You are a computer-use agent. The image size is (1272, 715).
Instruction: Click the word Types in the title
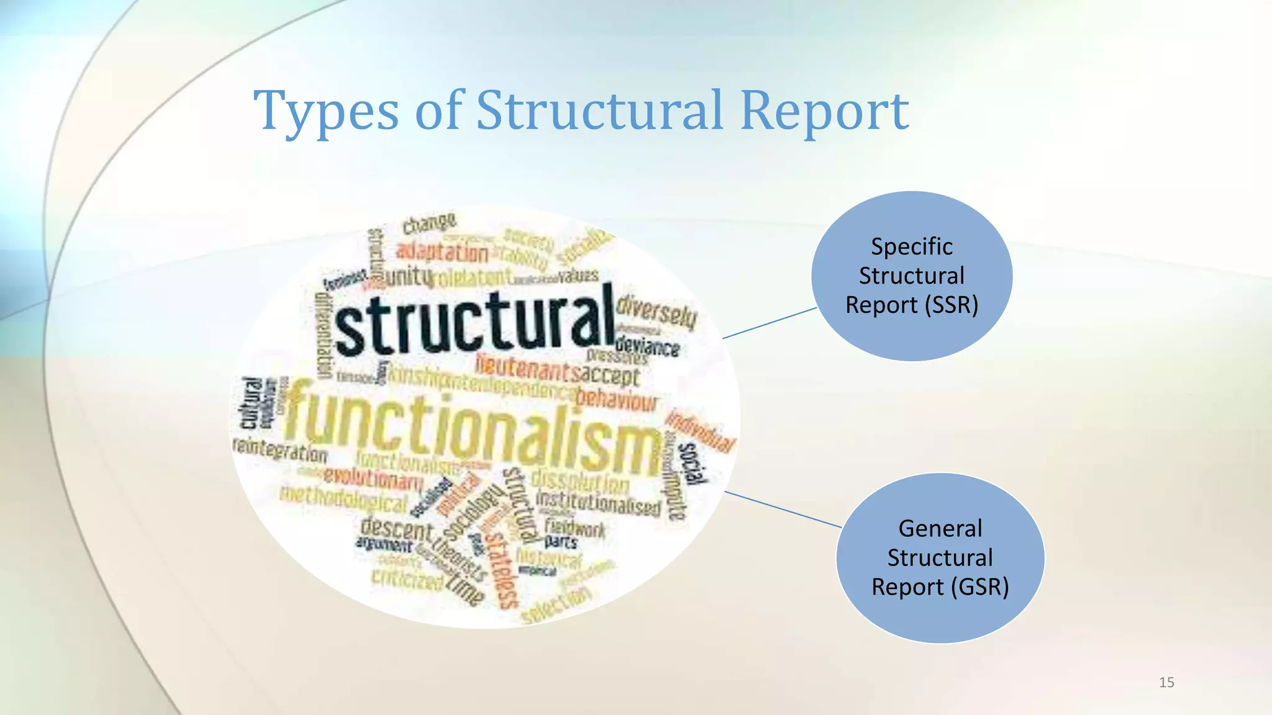click(x=325, y=112)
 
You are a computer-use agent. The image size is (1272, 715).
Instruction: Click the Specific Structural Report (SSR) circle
click(x=912, y=276)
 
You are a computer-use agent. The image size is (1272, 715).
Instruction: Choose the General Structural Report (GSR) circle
click(x=940, y=557)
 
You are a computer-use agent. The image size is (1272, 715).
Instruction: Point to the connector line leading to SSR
click(x=770, y=323)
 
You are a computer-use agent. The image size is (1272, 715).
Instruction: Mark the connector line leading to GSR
click(x=783, y=510)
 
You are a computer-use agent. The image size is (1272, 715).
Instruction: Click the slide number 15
click(x=1166, y=683)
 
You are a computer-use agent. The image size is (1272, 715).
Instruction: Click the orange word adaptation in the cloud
click(x=442, y=252)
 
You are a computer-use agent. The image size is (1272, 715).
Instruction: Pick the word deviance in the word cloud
click(x=647, y=346)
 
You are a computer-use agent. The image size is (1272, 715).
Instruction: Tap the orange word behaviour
click(x=616, y=400)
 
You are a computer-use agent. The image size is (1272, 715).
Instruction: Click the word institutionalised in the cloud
click(x=597, y=503)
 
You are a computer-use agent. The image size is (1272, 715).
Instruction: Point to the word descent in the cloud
click(x=396, y=529)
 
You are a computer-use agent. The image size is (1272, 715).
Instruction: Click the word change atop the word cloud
click(x=429, y=223)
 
